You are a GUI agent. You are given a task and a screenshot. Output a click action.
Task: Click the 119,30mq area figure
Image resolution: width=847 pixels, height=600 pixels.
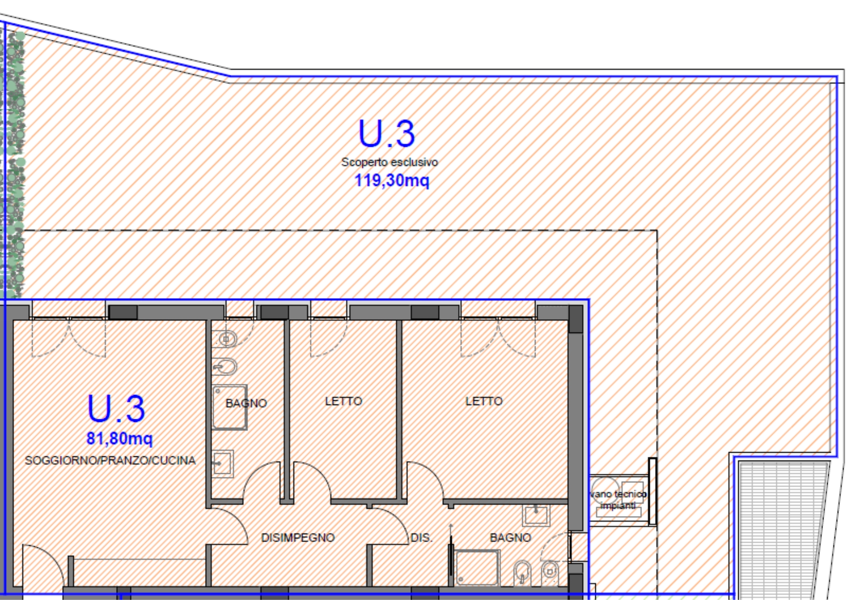click(392, 180)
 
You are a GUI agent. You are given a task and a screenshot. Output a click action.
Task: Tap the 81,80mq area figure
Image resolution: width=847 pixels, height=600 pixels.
click(120, 438)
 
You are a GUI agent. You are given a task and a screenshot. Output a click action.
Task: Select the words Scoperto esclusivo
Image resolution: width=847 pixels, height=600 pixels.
click(390, 162)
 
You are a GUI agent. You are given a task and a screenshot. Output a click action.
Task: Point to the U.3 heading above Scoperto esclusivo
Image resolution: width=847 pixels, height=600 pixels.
click(387, 133)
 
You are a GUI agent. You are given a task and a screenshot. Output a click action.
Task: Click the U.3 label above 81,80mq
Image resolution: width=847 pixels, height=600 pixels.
click(116, 408)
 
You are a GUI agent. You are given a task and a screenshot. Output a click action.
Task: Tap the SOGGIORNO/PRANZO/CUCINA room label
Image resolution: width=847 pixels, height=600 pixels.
click(110, 460)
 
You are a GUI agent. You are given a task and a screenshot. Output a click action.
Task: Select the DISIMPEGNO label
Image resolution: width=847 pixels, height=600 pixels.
click(298, 537)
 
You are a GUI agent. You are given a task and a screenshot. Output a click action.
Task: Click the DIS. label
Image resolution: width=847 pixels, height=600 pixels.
click(421, 537)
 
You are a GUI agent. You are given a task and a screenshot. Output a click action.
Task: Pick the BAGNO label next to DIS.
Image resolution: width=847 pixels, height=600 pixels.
click(511, 537)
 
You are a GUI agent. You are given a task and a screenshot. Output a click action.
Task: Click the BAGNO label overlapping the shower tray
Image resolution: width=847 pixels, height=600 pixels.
click(246, 403)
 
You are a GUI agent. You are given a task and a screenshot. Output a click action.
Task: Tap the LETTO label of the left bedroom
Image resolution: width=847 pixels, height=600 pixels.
click(344, 401)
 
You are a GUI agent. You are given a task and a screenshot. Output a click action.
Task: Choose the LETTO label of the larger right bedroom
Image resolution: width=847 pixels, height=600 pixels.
click(484, 401)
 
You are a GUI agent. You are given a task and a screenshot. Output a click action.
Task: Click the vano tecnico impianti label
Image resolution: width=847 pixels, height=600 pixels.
click(618, 500)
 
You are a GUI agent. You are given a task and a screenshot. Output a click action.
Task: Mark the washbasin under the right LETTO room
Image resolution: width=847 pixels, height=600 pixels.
click(536, 515)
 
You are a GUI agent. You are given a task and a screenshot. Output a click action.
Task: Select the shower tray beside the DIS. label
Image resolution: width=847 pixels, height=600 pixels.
click(477, 568)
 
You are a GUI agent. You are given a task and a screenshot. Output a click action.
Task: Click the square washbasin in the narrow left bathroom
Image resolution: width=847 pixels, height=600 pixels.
click(222, 464)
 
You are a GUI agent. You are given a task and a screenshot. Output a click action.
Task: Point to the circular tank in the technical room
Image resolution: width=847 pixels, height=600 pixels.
click(605, 490)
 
